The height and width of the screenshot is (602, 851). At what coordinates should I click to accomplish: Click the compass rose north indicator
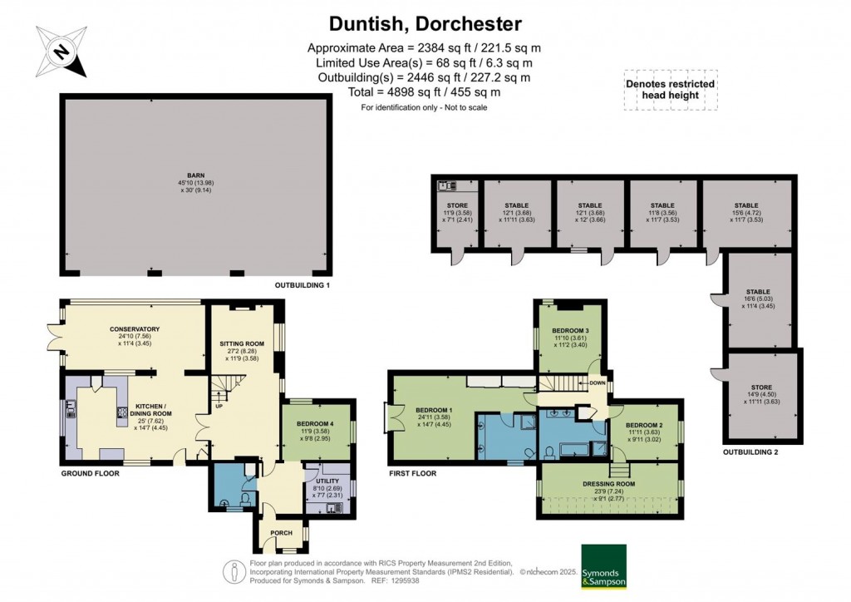(60, 52)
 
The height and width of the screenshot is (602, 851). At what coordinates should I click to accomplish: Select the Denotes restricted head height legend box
(670, 89)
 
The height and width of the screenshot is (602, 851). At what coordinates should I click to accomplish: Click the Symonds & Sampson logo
(603, 566)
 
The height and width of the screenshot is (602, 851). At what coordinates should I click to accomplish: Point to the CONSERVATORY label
(134, 329)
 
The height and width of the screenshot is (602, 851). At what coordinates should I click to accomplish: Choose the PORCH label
(280, 532)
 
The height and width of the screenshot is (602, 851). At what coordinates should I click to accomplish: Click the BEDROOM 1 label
(433, 411)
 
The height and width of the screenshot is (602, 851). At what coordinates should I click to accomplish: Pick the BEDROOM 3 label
(571, 329)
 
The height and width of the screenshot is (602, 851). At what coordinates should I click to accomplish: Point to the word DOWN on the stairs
(597, 383)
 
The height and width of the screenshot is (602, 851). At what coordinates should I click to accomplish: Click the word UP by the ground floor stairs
(219, 407)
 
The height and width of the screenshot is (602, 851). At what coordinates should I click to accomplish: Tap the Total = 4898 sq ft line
(424, 92)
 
